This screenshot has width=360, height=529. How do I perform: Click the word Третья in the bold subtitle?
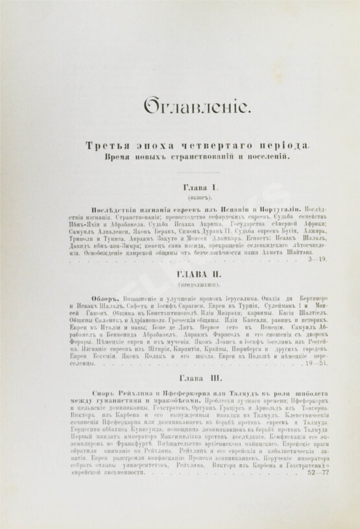point(104,147)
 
